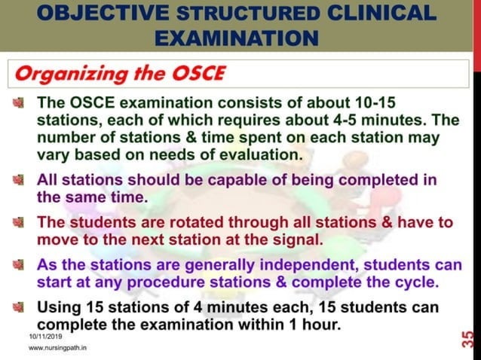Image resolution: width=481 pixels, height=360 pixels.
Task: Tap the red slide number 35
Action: [468, 337]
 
